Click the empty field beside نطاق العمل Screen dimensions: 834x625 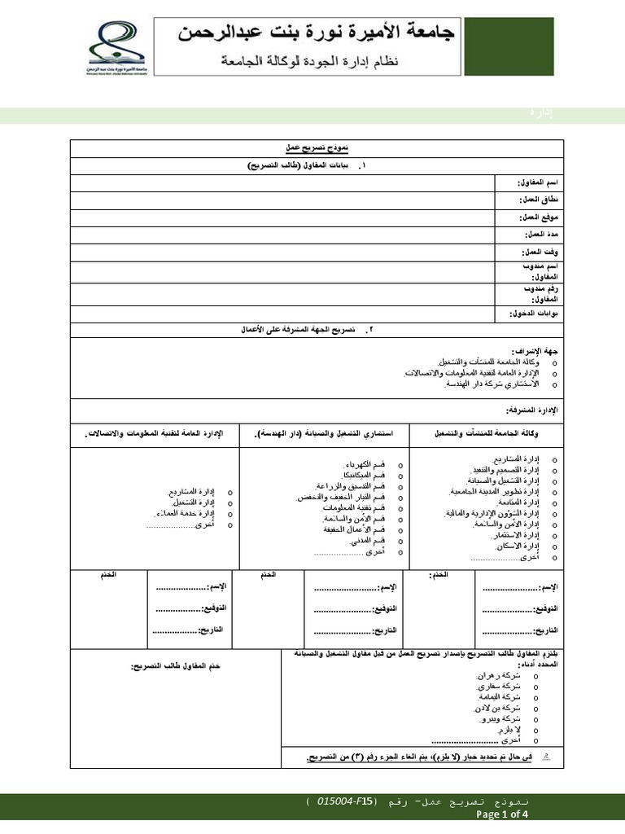282,200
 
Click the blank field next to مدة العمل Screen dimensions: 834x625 282,235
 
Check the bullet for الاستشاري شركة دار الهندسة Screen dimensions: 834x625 554,384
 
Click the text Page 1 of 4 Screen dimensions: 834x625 501,814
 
